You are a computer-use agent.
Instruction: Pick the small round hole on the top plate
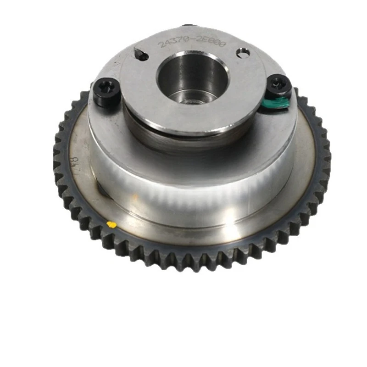pyautogui.click(x=243, y=53)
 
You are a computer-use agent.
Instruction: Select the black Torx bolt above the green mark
pyautogui.click(x=278, y=84)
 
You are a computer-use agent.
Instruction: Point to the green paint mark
pyautogui.click(x=278, y=103)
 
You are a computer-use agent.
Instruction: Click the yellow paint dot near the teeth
pyautogui.click(x=111, y=224)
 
